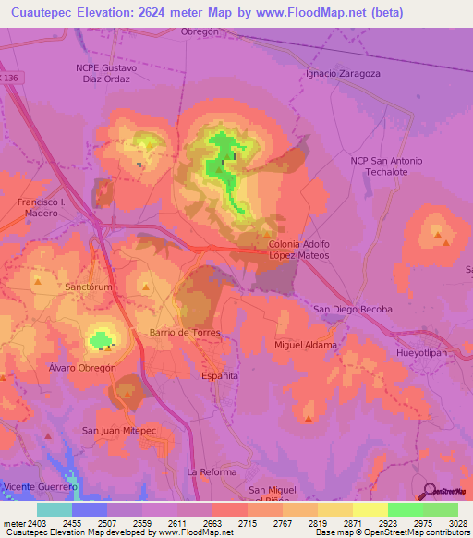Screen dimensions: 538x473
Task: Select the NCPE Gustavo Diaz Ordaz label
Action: pos(106,73)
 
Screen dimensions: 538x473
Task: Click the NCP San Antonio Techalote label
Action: pos(386,166)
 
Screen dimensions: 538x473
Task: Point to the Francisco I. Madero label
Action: pos(38,207)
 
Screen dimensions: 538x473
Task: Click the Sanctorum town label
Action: pos(89,287)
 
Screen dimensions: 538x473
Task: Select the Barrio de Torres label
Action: pos(182,332)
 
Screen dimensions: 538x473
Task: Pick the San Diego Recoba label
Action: pos(353,309)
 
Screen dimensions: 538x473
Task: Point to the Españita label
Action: pos(220,376)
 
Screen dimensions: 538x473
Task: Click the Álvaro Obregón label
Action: pos(81,367)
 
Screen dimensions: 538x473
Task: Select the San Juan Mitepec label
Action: pos(119,430)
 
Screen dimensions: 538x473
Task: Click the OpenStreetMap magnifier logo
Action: pos(427,492)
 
